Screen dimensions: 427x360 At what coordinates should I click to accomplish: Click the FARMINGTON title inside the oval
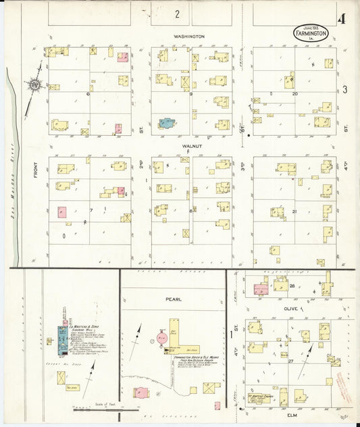point(311,32)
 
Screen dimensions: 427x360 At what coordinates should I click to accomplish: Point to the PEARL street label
point(174,297)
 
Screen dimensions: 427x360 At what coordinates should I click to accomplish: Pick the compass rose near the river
point(34,86)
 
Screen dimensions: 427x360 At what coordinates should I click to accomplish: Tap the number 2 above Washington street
point(178,14)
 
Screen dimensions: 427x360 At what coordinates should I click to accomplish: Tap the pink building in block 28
point(261,289)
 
